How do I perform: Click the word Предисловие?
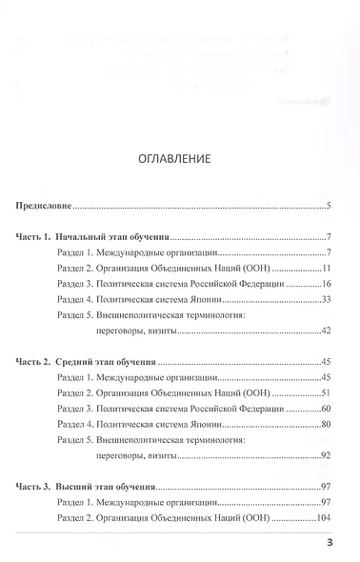coord(47,205)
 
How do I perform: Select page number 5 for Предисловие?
coord(328,205)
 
